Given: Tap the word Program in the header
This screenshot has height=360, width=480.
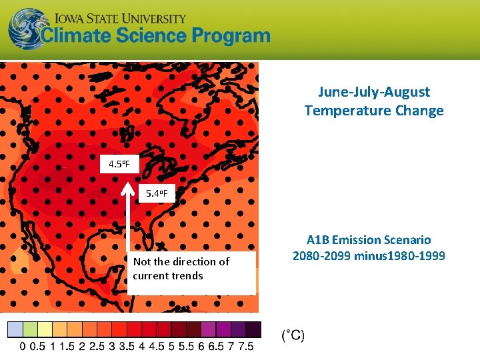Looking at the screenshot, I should coord(231,37).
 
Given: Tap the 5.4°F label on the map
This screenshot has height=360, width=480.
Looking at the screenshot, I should coord(159,194).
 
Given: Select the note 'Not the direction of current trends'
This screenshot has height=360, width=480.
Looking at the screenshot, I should coord(181,269).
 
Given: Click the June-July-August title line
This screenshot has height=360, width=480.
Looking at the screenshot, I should coord(373,92).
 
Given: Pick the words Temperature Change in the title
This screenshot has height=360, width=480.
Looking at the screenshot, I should coord(373,111).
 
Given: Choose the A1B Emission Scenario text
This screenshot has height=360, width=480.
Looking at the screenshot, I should coord(369,239).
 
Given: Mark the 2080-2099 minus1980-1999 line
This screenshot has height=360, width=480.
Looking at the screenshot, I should coord(369,256).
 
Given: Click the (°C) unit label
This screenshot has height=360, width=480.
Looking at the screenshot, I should coord(292,336).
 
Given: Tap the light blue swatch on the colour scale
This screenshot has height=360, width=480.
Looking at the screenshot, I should coord(15,329).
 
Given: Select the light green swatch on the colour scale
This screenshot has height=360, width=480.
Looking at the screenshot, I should coord(30,329).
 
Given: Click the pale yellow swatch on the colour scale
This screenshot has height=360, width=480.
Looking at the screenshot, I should coord(45,329).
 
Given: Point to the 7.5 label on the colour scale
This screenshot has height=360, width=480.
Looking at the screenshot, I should coord(246,347).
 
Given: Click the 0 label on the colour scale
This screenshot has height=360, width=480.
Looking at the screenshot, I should coord(23,347).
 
